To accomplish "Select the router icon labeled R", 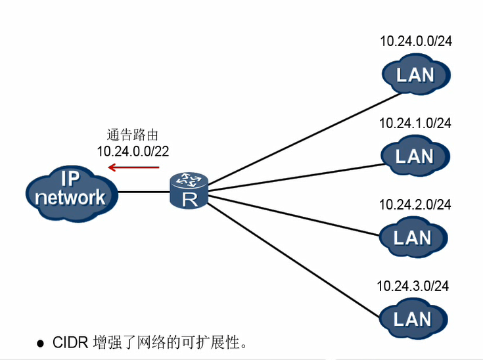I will pyautogui.click(x=189, y=191).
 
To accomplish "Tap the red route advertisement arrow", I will pyautogui.click(x=134, y=167).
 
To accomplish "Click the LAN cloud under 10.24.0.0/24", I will pyautogui.click(x=415, y=74).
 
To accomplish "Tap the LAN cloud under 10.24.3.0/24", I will pyautogui.click(x=413, y=319).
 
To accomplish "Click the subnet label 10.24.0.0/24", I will pyautogui.click(x=416, y=41).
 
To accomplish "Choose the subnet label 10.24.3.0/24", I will pyautogui.click(x=413, y=286).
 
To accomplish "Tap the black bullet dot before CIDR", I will pyautogui.click(x=40, y=343).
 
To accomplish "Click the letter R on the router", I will pyautogui.click(x=189, y=199).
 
